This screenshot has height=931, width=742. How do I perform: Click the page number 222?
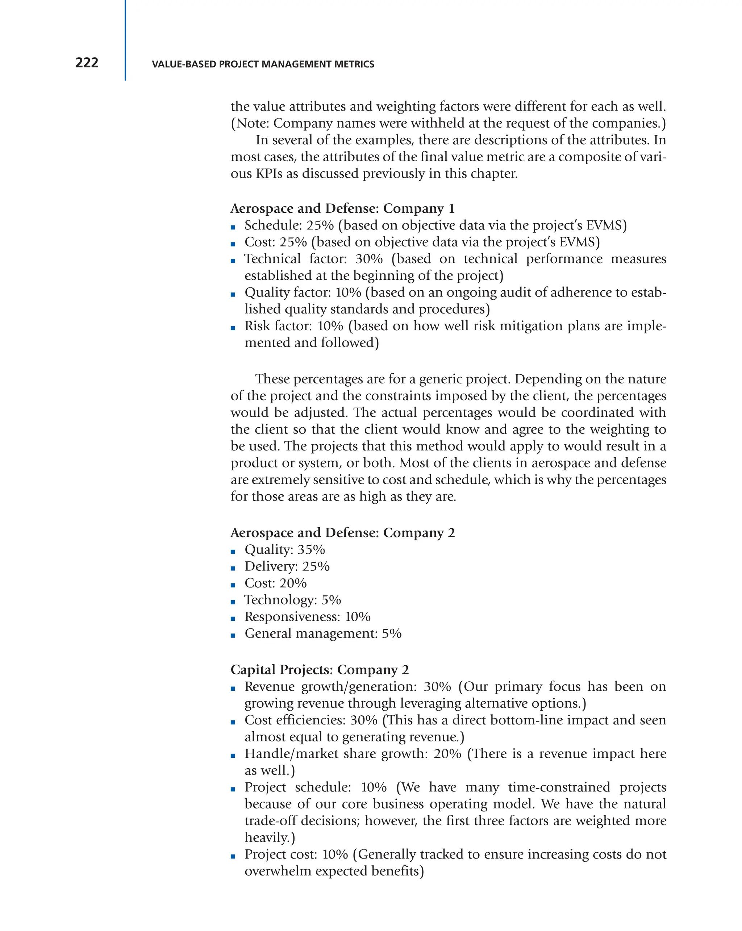pyautogui.click(x=87, y=63)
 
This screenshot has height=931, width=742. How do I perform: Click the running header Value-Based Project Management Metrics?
pyautogui.click(x=263, y=65)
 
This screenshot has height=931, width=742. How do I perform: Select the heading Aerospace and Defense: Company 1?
pyautogui.click(x=342, y=209)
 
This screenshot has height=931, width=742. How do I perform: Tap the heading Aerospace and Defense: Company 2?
pyautogui.click(x=342, y=533)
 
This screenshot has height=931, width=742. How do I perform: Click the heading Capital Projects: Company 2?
pyautogui.click(x=320, y=670)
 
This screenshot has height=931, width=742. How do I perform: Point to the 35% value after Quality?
pyautogui.click(x=311, y=550)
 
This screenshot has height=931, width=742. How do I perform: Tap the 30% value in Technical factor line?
pyautogui.click(x=368, y=259)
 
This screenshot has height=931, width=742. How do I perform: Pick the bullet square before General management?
pyautogui.click(x=233, y=635)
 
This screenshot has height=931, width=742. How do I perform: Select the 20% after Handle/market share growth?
pyautogui.click(x=447, y=753)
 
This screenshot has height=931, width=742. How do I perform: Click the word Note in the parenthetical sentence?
pyautogui.click(x=252, y=124)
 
